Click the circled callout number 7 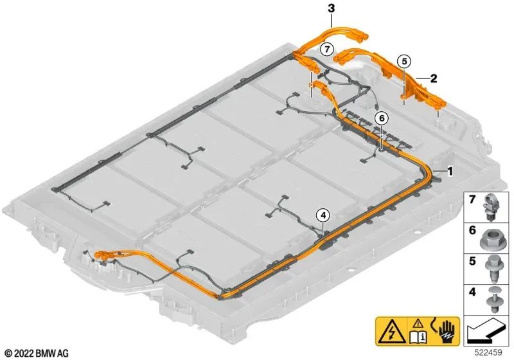coord(326,50)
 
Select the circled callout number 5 coord(404,61)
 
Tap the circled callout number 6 coord(382,118)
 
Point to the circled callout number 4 coord(323,215)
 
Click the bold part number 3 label coord(332,8)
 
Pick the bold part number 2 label coord(434,78)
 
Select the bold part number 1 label coord(450,171)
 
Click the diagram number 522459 coord(489,352)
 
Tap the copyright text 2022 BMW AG coord(38,353)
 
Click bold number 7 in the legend coord(472,199)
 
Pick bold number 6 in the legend coord(472,230)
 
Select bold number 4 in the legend coord(472,292)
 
